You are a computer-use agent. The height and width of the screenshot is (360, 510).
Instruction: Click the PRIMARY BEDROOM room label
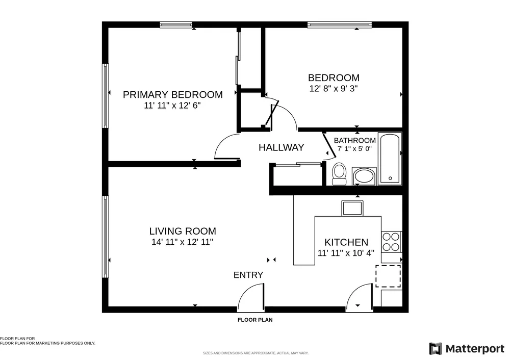pos(173,95)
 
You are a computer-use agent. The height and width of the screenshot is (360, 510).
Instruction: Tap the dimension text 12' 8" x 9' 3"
pos(334,88)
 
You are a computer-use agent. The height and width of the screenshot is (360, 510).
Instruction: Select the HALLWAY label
pos(282,148)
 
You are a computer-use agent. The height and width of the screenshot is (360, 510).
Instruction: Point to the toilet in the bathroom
pos(339,174)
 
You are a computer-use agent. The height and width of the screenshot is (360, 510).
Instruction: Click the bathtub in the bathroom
pos(390,159)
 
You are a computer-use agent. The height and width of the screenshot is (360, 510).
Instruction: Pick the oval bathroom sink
pos(364,176)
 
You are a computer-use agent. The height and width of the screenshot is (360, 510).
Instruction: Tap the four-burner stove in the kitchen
pos(391,242)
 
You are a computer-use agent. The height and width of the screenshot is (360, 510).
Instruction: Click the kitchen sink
pos(352,208)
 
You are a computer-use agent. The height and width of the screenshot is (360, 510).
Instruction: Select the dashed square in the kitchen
pos(388,276)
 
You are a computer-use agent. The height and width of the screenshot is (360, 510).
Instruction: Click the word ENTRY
pos(248,275)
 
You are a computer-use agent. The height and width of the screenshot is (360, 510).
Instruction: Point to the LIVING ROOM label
pos(183,231)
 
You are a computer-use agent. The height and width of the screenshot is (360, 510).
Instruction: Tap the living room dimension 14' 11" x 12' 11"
pos(182,242)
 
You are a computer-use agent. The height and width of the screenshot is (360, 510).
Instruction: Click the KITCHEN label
pos(346,242)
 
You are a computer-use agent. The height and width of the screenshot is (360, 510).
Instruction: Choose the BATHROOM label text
pos(355,141)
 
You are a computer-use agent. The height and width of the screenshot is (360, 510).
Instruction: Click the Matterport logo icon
pos(436,349)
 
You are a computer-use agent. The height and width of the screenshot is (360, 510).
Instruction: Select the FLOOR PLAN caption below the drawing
pos(255,320)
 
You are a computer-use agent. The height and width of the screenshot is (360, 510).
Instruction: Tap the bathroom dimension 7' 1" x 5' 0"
pos(354,149)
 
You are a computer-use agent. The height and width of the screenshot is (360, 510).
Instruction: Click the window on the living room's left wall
pos(106,237)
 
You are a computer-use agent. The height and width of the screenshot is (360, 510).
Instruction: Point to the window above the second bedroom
pos(340,24)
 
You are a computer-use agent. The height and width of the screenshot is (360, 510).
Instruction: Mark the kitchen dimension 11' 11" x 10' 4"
pos(346,253)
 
